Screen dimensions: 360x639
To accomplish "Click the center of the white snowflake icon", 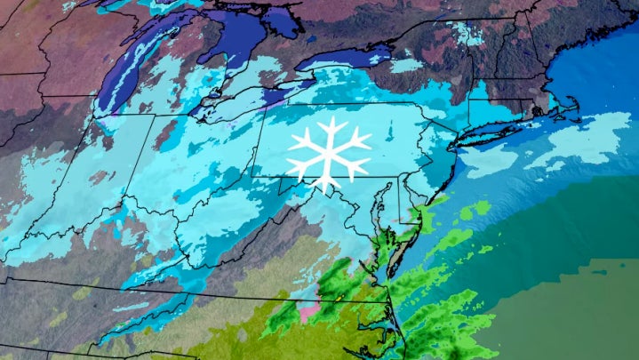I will pyautogui.click(x=328, y=150).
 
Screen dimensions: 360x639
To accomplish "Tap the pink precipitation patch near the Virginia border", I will pyautogui.click(x=309, y=313).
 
